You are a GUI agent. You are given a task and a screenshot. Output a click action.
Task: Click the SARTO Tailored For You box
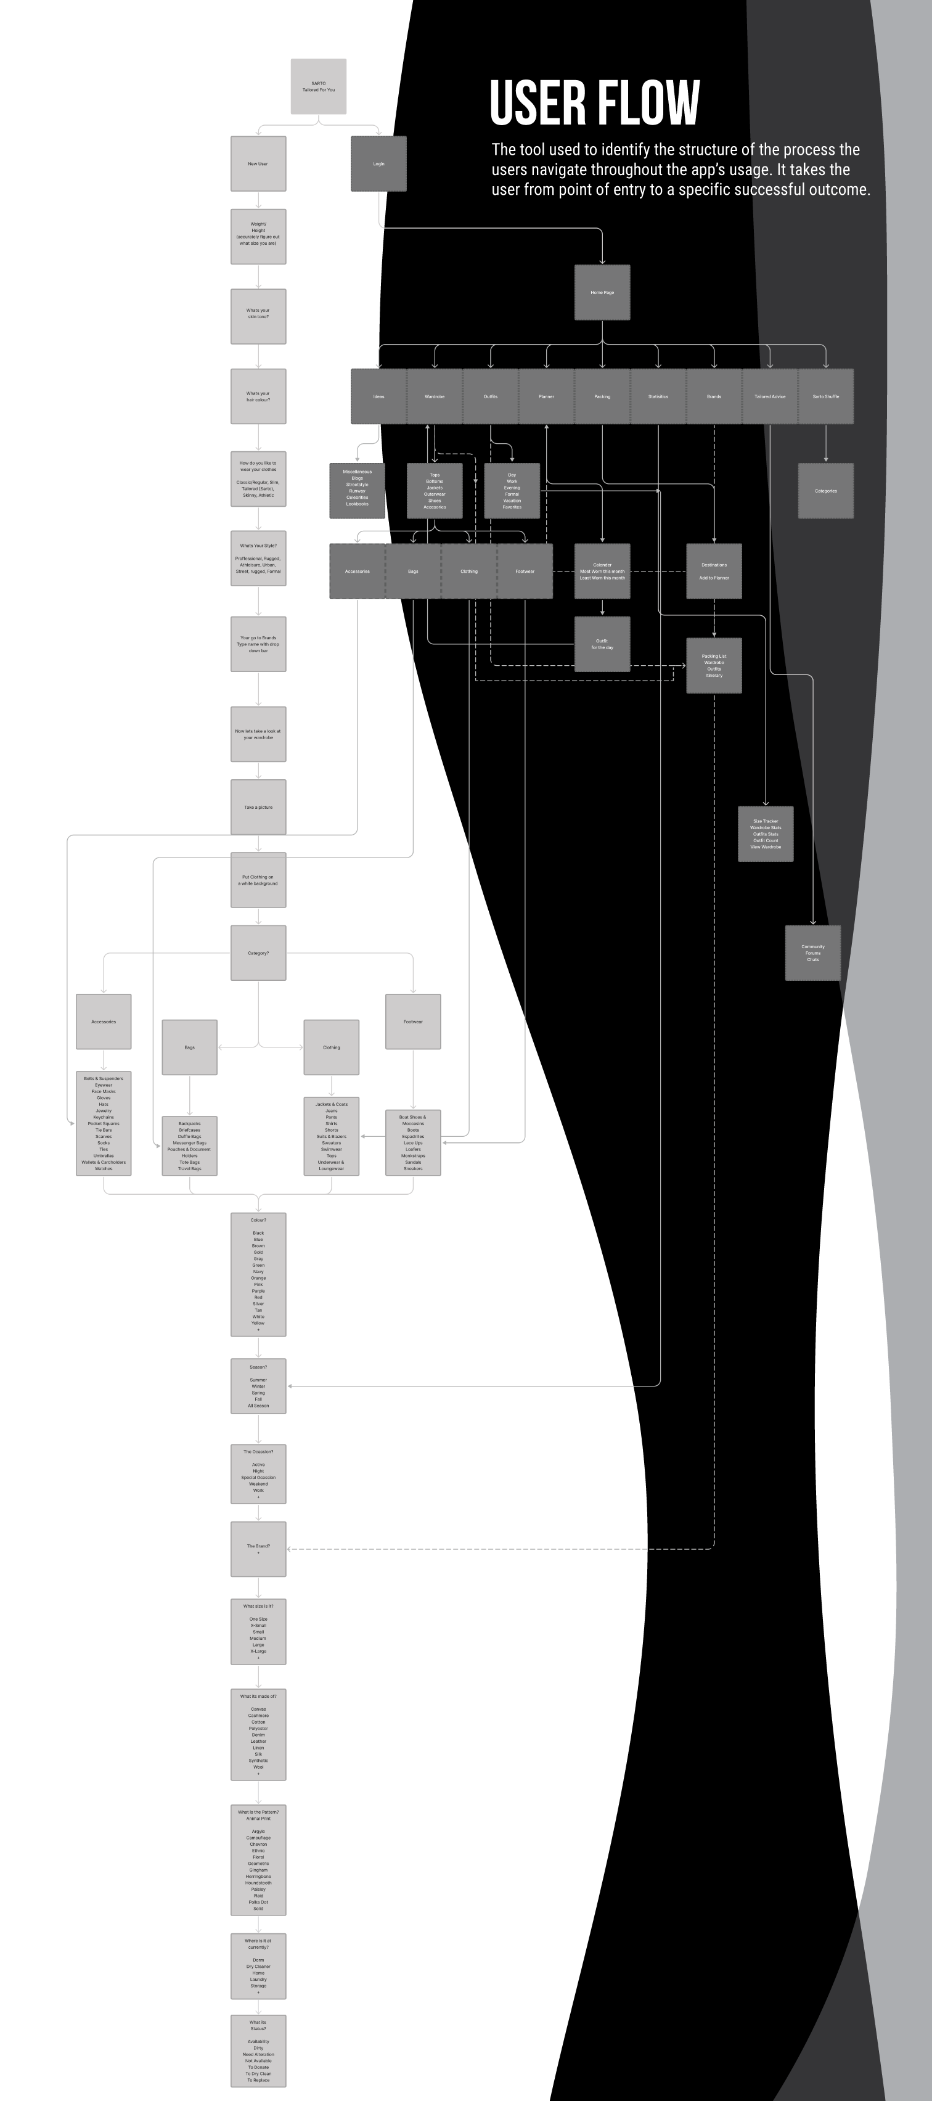[x=319, y=86]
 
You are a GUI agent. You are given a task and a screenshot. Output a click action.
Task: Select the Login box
[x=378, y=164]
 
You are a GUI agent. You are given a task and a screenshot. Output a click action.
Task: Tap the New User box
[x=258, y=164]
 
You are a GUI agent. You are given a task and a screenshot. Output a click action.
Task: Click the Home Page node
[x=602, y=293]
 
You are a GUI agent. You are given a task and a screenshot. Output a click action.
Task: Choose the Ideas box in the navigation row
[x=378, y=396]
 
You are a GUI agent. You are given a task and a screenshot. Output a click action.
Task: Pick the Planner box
[x=546, y=396]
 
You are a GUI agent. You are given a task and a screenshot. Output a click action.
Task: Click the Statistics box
[x=658, y=396]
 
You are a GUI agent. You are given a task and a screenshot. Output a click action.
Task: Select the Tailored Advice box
[x=770, y=396]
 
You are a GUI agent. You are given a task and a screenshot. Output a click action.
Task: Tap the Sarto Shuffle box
[x=825, y=396]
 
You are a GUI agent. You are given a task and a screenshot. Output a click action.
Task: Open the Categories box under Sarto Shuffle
[x=825, y=491]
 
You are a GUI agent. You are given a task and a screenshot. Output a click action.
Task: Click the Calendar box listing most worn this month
[x=602, y=571]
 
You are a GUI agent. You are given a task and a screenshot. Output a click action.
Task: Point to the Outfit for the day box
[x=602, y=644]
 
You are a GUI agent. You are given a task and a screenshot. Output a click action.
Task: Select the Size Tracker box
[x=766, y=833]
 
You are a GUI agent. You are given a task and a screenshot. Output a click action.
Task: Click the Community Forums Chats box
[x=813, y=952]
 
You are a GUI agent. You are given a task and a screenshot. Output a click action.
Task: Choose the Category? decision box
[x=258, y=952]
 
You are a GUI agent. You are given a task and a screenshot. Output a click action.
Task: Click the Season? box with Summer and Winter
[x=258, y=1386]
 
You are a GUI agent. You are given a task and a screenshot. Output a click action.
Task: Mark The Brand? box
[x=258, y=1548]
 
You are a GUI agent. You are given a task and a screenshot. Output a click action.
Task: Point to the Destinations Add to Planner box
[x=713, y=571]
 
